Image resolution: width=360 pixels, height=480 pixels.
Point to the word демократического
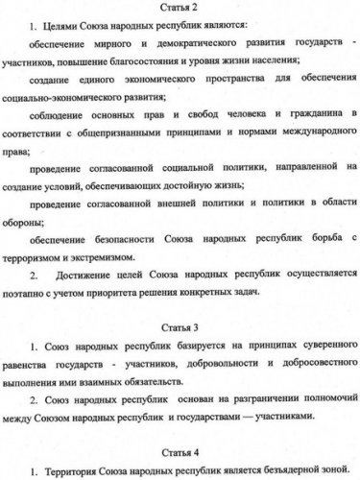coord(182,50)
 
